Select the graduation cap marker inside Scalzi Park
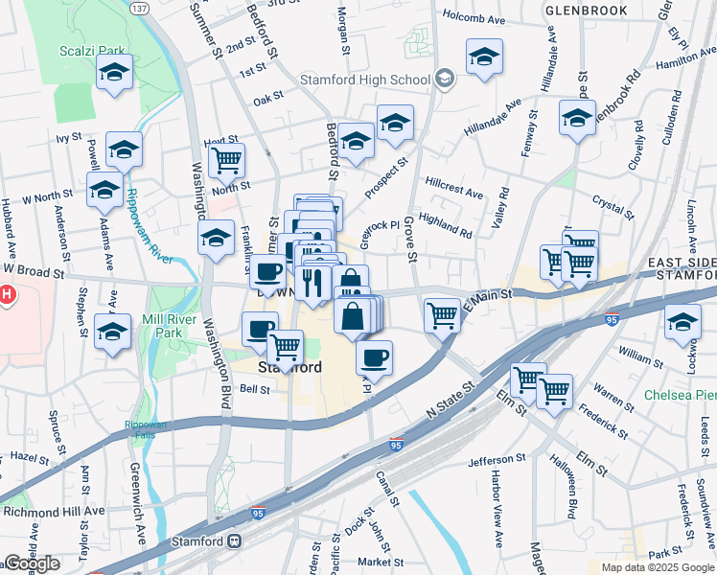pyautogui.click(x=115, y=73)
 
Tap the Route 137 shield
pyautogui.click(x=140, y=8)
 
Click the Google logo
pyautogui.click(x=32, y=563)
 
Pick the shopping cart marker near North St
pyautogui.click(x=226, y=161)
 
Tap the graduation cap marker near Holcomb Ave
pyautogui.click(x=485, y=57)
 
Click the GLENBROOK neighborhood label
pyautogui.click(x=586, y=11)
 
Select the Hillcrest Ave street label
pyautogui.click(x=454, y=186)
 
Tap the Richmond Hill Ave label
pyautogui.click(x=53, y=511)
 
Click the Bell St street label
pyautogui.click(x=254, y=389)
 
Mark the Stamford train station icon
pyautogui.click(x=234, y=540)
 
